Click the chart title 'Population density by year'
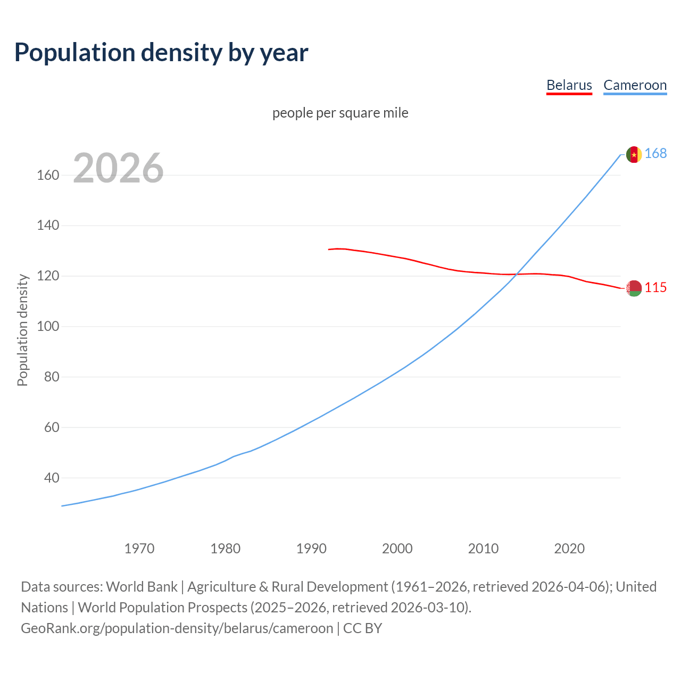pyautogui.click(x=161, y=52)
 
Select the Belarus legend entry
pyautogui.click(x=569, y=85)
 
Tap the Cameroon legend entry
pyautogui.click(x=635, y=85)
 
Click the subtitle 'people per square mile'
pyautogui.click(x=340, y=113)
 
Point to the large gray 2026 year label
pyautogui.click(x=118, y=168)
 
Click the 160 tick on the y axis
pyautogui.click(x=48, y=175)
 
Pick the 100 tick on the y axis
pyautogui.click(x=48, y=326)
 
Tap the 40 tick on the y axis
pyautogui.click(x=51, y=478)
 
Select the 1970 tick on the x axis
pyautogui.click(x=139, y=548)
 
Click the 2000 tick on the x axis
pyautogui.click(x=397, y=548)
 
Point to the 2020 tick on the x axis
pyautogui.click(x=569, y=548)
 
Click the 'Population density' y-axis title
pyautogui.click(x=22, y=330)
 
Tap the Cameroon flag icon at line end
pyautogui.click(x=634, y=154)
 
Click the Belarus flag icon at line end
pyautogui.click(x=634, y=288)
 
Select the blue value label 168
pyautogui.click(x=655, y=154)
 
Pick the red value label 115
pyautogui.click(x=655, y=288)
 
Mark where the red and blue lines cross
pyautogui.click(x=516, y=274)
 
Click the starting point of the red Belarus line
pyautogui.click(x=329, y=249)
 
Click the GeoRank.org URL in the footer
pyautogui.click(x=177, y=628)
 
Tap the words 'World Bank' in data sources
pyautogui.click(x=142, y=586)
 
